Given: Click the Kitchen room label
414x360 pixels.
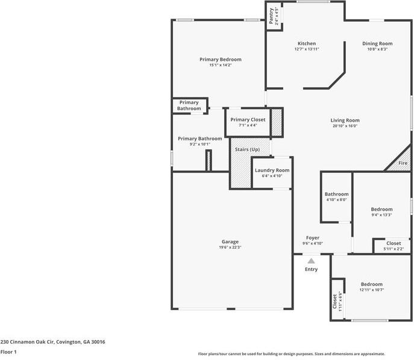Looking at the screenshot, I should pyautogui.click(x=306, y=43).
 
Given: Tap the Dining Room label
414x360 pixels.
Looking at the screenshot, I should pyautogui.click(x=377, y=43).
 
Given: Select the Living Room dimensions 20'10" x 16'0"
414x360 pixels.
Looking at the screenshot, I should pyautogui.click(x=345, y=126).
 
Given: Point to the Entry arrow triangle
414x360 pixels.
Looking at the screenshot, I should pyautogui.click(x=311, y=261).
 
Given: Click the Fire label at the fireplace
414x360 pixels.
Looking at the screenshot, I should pyautogui.click(x=403, y=163).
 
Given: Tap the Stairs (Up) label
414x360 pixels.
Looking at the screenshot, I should pyautogui.click(x=246, y=149).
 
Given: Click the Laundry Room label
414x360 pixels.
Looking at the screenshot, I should pyautogui.click(x=272, y=170).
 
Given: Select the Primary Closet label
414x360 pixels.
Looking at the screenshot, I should pyautogui.click(x=248, y=120).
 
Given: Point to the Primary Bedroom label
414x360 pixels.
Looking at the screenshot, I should pyautogui.click(x=221, y=59).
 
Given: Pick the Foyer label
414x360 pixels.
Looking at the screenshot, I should pyautogui.click(x=312, y=238).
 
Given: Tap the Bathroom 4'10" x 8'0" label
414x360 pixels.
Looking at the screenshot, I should pyautogui.click(x=336, y=194).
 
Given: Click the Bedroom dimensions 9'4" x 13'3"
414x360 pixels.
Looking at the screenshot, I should pyautogui.click(x=381, y=215).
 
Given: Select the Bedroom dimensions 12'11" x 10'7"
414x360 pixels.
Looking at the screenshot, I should pyautogui.click(x=372, y=290).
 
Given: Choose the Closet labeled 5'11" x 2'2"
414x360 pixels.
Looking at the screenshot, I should pyautogui.click(x=394, y=243).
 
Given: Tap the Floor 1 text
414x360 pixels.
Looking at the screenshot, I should pyautogui.click(x=8, y=352).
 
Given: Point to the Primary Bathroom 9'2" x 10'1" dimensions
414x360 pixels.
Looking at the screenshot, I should pyautogui.click(x=199, y=144).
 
